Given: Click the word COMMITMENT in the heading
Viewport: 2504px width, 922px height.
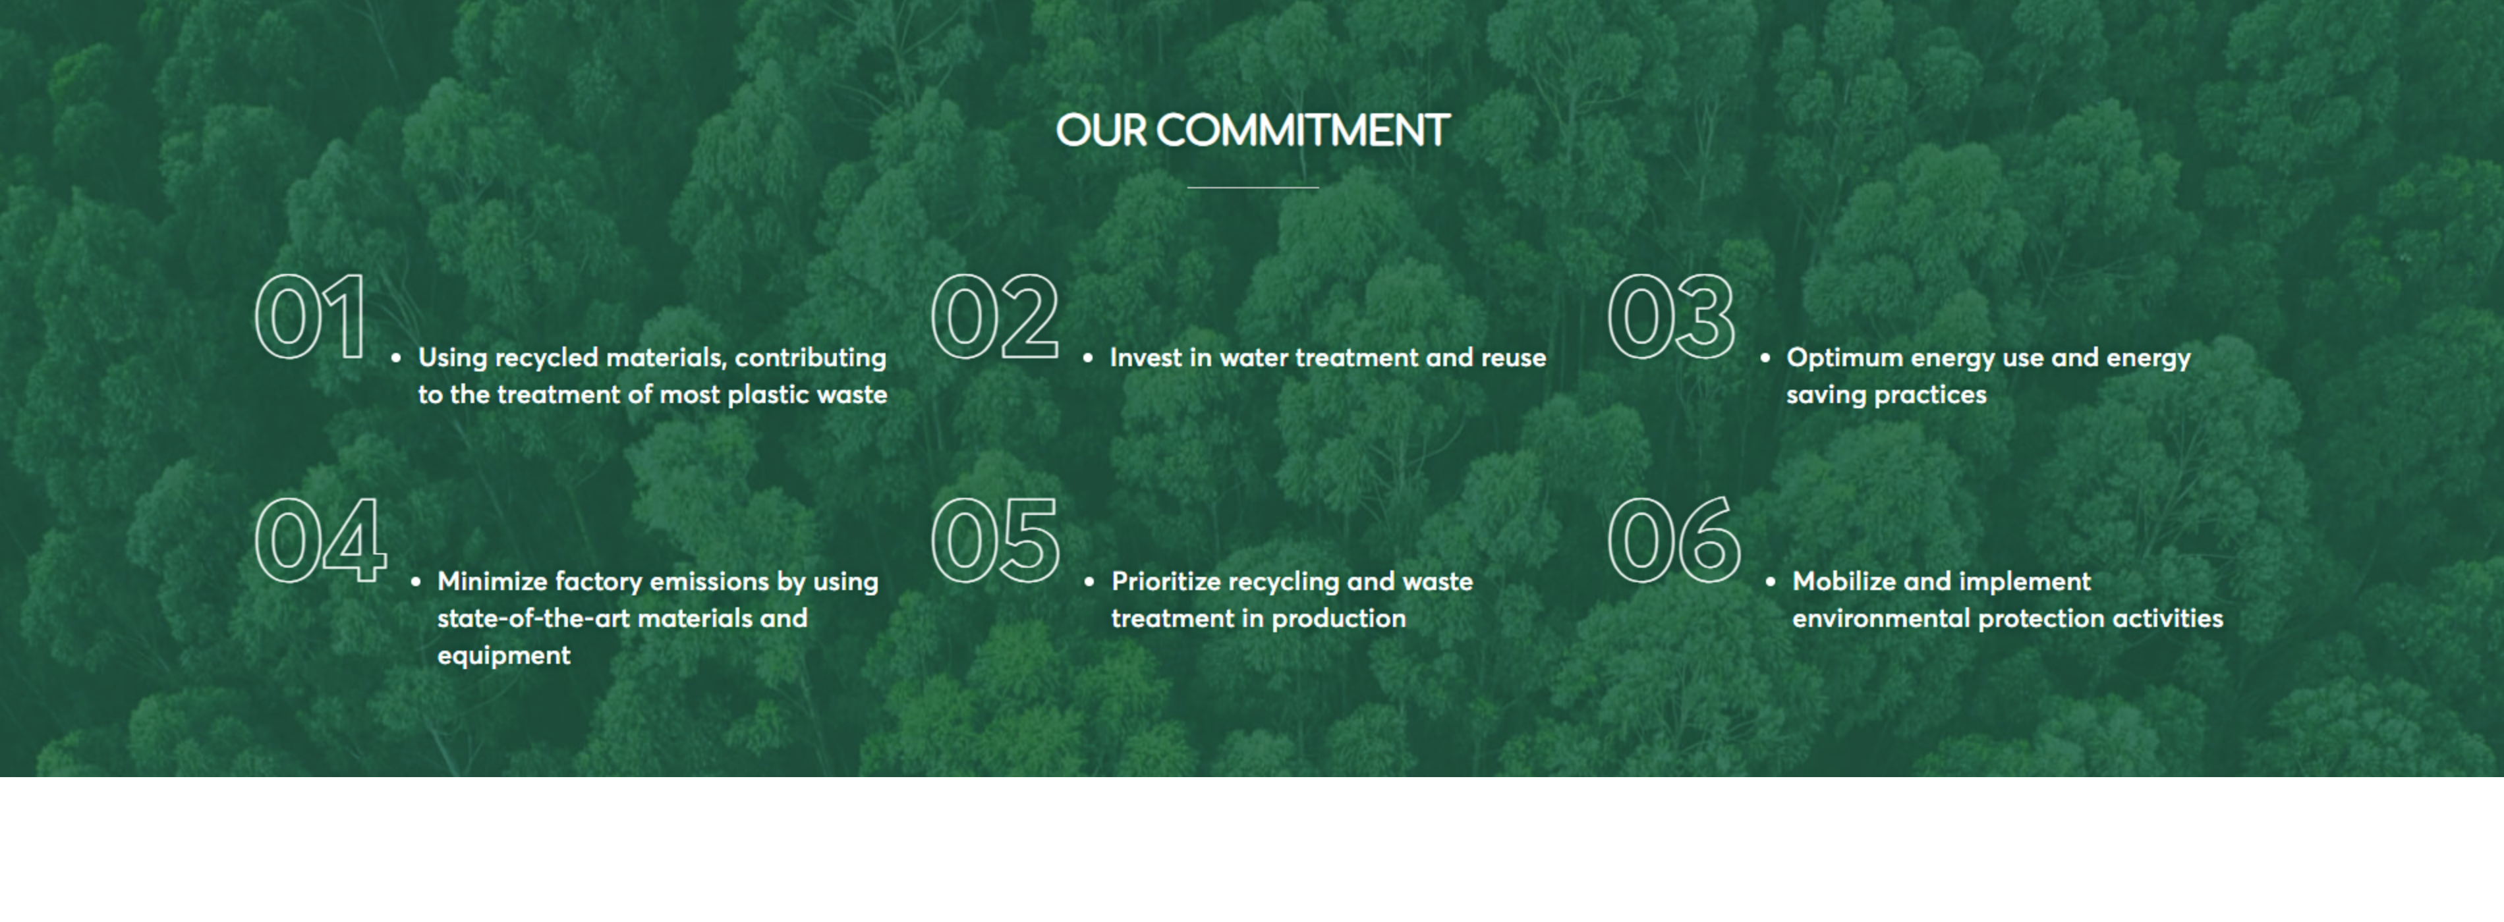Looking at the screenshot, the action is (1303, 130).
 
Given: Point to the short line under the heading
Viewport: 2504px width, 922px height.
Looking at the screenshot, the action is (1253, 186).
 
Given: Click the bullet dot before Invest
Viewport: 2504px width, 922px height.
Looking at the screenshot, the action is (1088, 358).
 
